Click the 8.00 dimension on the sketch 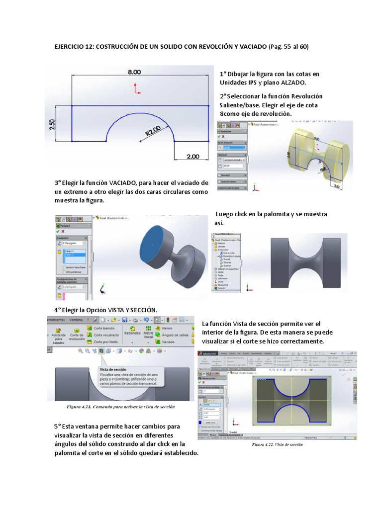134,72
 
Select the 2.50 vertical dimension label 53,124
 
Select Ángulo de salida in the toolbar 176,336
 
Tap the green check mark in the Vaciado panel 58,231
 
